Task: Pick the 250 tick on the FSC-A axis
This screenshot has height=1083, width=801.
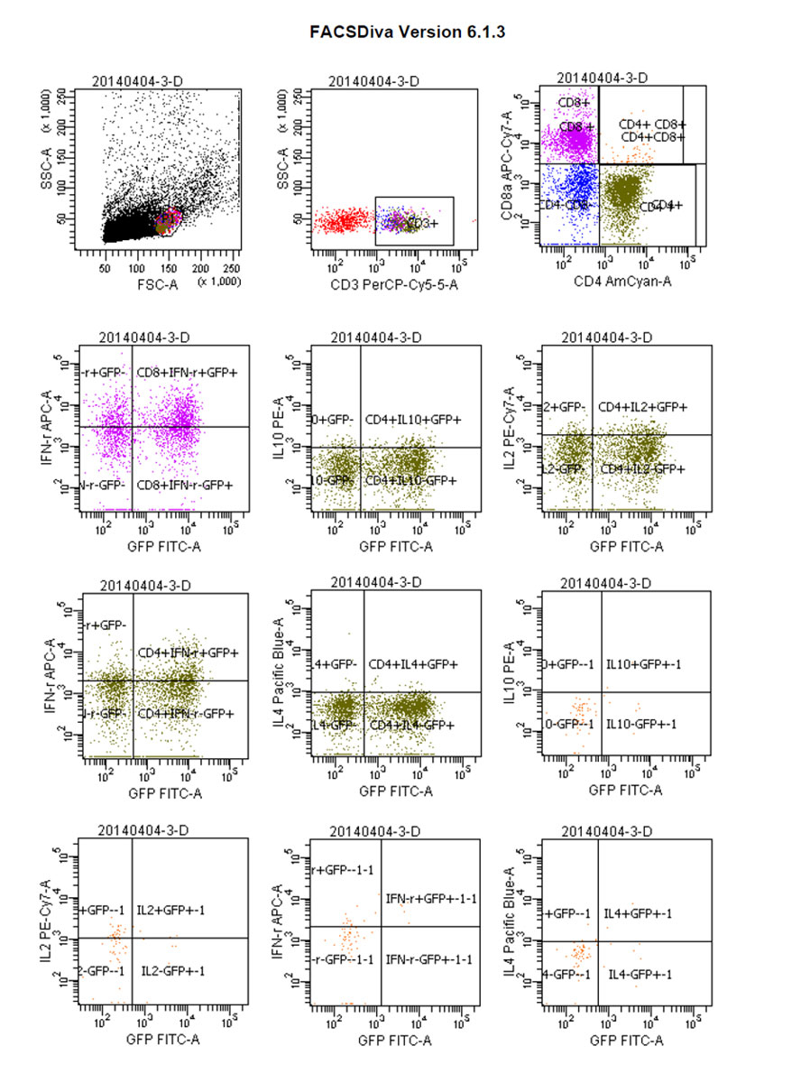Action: coord(232,268)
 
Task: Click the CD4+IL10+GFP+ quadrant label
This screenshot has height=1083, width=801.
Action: coord(413,419)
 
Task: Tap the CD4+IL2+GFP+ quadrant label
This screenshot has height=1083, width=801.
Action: coord(642,407)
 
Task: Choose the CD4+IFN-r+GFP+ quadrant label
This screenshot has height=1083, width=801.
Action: coord(188,652)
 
